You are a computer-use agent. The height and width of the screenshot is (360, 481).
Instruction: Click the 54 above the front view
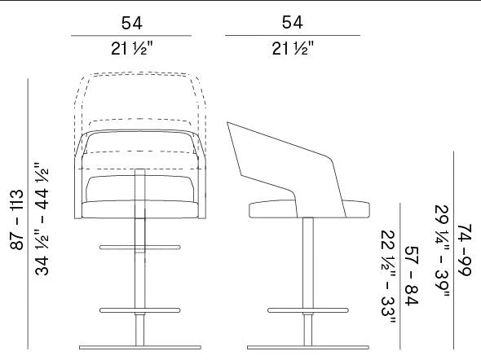tap(132, 23)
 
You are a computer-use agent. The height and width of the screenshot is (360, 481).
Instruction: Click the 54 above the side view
tap(293, 22)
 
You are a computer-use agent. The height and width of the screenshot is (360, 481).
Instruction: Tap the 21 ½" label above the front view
tap(131, 48)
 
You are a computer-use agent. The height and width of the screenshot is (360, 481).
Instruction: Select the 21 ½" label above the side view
tap(293, 48)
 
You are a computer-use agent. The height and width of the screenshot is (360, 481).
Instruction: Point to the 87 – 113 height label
tap(17, 220)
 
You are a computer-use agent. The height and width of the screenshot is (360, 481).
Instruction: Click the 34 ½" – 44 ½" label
tap(42, 219)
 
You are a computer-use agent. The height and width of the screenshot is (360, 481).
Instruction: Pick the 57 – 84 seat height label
tap(412, 275)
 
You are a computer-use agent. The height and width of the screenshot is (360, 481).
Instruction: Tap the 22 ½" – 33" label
tap(388, 277)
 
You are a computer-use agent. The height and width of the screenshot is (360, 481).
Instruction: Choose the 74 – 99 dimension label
tap(464, 250)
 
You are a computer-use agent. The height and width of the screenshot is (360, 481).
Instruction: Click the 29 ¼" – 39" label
tap(442, 251)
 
